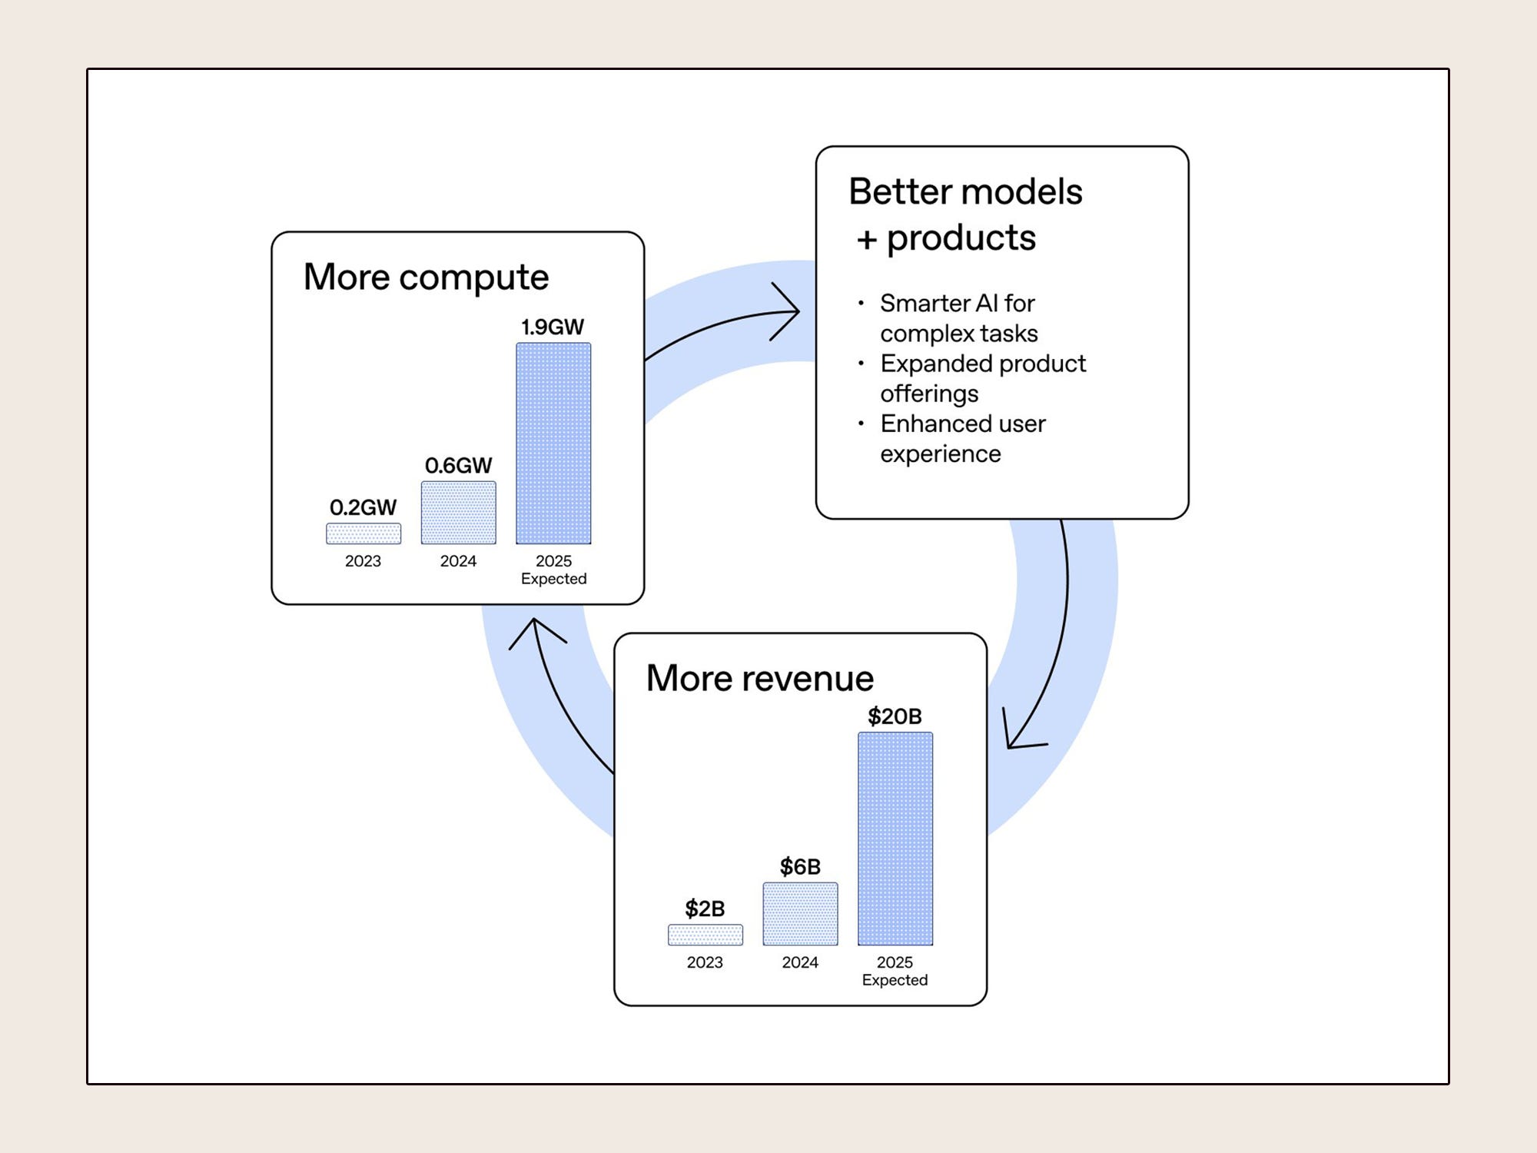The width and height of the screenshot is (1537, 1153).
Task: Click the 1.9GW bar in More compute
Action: [x=553, y=444]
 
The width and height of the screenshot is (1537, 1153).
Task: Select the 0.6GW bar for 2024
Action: [x=458, y=513]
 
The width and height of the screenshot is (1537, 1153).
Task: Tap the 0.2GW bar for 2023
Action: [x=364, y=533]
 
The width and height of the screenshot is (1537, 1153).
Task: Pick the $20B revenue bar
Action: [x=895, y=838]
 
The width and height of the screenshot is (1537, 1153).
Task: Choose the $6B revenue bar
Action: [x=800, y=914]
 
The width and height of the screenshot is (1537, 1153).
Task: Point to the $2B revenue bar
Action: [x=705, y=935]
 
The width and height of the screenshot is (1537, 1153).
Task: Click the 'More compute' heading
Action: [x=426, y=277]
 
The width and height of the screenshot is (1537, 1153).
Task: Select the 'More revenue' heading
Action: [x=759, y=678]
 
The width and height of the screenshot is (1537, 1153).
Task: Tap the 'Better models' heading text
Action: [x=965, y=191]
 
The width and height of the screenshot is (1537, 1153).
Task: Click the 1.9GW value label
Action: [x=553, y=327]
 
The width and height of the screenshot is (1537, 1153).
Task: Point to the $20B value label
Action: [x=895, y=716]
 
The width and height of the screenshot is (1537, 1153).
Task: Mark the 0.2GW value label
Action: [x=363, y=507]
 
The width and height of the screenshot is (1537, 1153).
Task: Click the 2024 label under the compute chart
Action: [x=458, y=561]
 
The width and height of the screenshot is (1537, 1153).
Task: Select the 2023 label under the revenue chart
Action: [x=705, y=962]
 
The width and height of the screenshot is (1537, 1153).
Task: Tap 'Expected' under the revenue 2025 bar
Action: [x=895, y=980]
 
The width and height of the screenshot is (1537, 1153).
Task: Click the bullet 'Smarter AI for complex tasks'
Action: [x=958, y=318]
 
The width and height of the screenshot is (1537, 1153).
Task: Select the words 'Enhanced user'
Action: [x=963, y=424]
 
